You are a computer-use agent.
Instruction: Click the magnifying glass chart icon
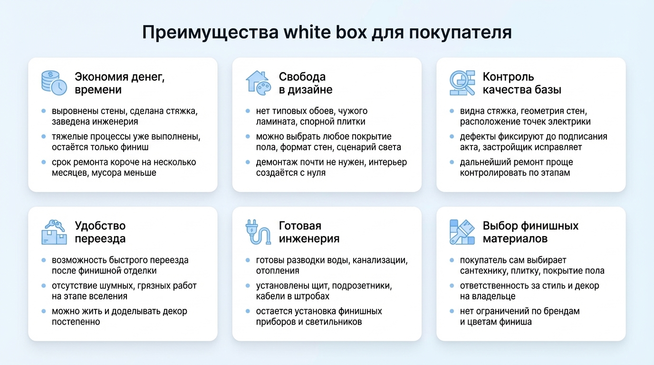pos(462,83)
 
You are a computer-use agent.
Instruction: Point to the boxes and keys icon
pos(53,232)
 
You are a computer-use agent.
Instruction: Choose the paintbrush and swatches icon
pos(462,232)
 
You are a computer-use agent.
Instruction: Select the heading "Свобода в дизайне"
pos(306,83)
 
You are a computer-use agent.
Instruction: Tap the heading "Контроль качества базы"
pos(522,83)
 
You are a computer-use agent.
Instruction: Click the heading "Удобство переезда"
pos(100,232)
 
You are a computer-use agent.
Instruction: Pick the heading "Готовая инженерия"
pos(309,232)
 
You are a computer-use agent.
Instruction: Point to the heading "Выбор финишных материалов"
pos(530,232)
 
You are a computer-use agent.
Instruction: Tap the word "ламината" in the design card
pos(276,122)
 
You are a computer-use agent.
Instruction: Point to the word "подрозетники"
pos(363,286)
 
